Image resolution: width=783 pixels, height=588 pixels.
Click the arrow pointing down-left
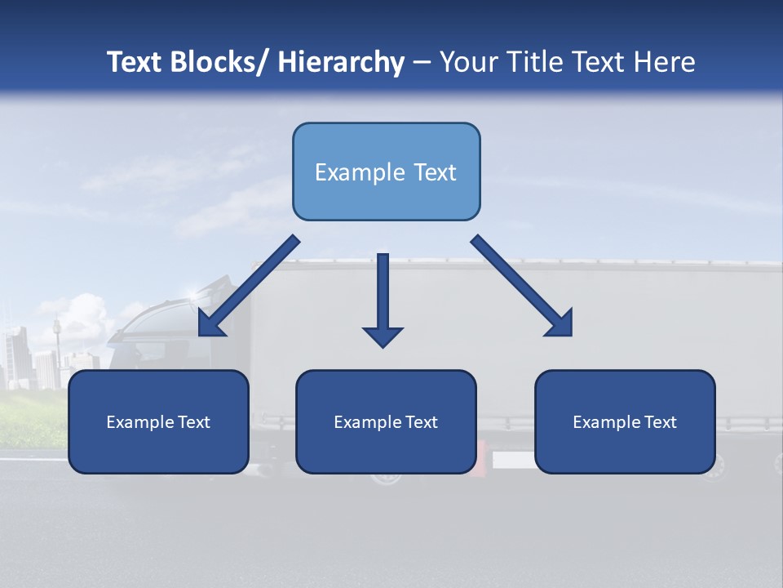[249, 286]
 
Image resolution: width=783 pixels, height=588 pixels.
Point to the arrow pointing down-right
[522, 286]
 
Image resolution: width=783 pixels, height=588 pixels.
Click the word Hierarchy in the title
[341, 63]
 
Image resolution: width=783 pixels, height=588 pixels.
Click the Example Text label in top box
[386, 172]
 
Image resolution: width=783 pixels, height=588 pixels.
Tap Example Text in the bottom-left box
[158, 422]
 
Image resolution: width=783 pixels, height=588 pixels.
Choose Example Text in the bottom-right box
[625, 422]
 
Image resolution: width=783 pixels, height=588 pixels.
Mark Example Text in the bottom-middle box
[386, 422]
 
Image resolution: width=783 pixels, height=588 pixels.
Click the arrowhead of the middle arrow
[383, 336]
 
